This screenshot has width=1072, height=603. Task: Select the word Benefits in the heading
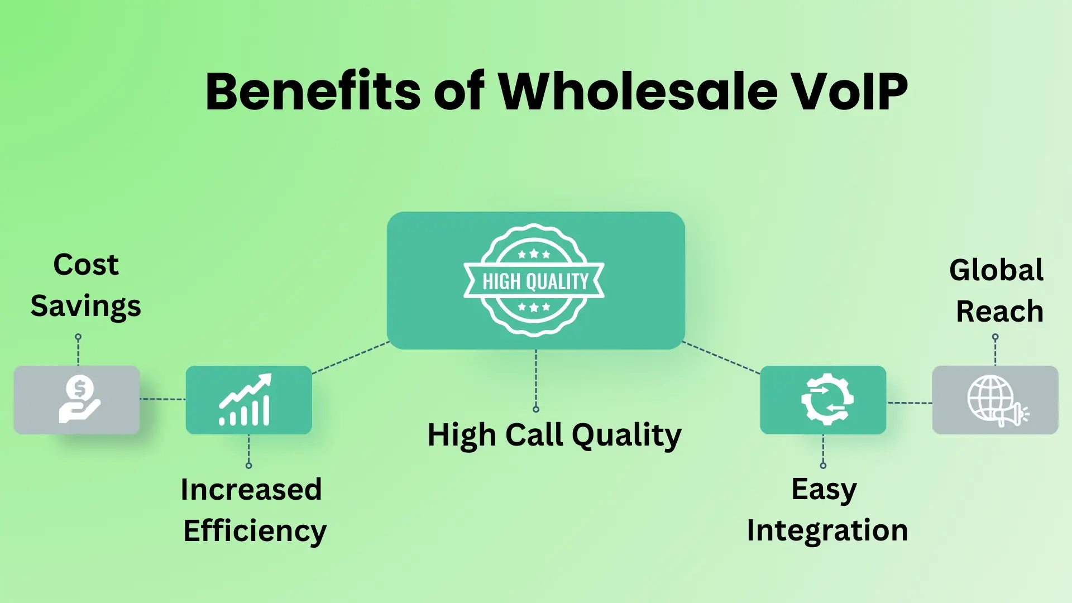(x=313, y=92)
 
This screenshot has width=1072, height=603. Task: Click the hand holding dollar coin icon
(x=79, y=400)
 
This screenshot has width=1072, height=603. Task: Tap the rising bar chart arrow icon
(x=246, y=400)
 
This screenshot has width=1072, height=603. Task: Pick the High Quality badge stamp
(x=534, y=280)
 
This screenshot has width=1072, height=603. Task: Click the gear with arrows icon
(x=826, y=400)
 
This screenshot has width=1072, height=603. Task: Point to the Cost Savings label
(x=85, y=285)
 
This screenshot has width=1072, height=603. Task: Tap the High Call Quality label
(x=554, y=435)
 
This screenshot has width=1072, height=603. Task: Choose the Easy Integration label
(x=827, y=510)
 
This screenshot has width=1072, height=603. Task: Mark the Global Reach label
(x=997, y=290)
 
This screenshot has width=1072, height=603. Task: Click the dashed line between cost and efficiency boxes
(x=162, y=399)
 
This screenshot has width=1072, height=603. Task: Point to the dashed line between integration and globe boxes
(x=910, y=403)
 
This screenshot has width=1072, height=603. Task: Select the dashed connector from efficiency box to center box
(x=350, y=357)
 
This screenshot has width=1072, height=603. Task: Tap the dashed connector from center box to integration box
(x=721, y=357)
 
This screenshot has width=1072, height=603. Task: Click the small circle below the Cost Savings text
(x=78, y=337)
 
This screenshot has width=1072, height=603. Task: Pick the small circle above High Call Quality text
(x=536, y=409)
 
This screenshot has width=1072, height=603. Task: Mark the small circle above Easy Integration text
(x=823, y=465)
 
